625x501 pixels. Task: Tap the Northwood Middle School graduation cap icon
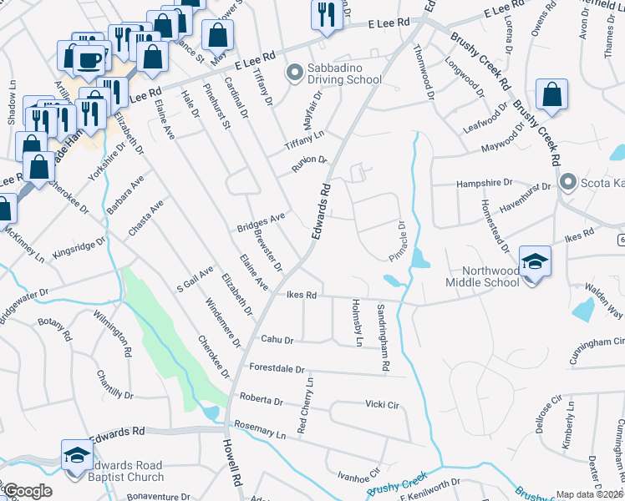click(534, 259)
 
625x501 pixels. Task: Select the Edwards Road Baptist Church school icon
click(76, 456)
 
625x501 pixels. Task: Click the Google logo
click(27, 491)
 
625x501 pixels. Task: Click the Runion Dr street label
click(309, 164)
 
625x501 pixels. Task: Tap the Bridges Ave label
click(261, 221)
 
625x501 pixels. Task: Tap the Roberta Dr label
click(261, 400)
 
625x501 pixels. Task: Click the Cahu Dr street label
click(277, 340)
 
